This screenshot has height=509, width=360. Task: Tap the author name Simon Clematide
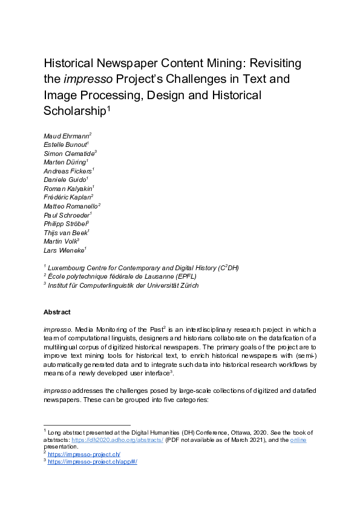tap(68, 154)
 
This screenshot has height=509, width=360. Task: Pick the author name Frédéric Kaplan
tap(67, 196)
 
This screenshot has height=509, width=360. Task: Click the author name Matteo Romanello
tap(70, 206)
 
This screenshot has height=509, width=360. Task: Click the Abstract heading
tap(57, 312)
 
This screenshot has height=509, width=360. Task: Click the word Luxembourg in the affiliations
tap(68, 268)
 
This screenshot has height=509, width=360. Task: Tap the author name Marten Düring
tap(65, 162)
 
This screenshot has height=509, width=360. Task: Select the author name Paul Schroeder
tap(66, 215)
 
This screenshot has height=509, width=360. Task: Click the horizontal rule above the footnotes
tap(87, 425)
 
